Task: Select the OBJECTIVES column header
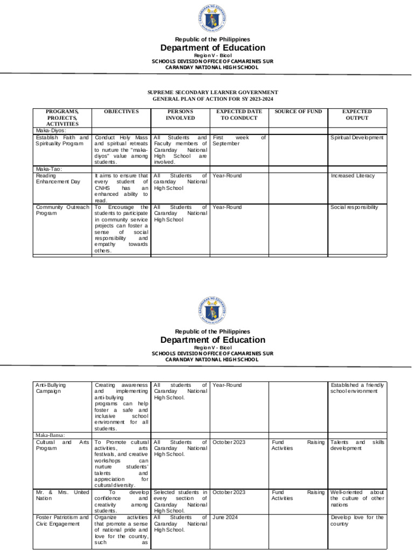[121, 111]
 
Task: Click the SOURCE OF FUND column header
[298, 111]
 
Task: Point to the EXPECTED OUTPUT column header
[357, 115]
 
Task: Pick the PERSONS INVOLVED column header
[180, 115]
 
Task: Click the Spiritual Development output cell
[357, 137]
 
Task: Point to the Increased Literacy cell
[352, 175]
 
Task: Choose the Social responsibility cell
[354, 207]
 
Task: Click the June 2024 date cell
[226, 517]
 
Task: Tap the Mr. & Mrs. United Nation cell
[61, 495]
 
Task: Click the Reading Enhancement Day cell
[57, 179]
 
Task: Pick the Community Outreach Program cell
[61, 210]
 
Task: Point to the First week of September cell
[239, 140]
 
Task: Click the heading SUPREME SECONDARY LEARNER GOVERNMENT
[212, 93]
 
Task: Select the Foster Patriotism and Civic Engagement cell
[61, 520]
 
